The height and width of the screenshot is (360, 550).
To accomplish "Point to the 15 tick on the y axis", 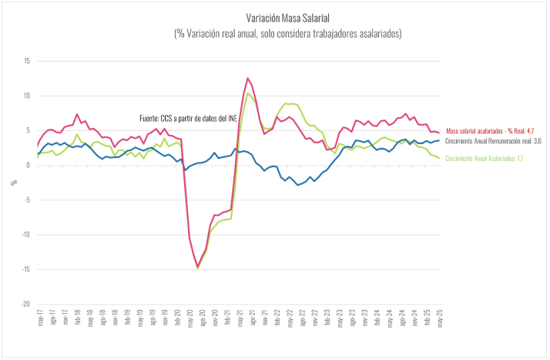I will pos(26,61).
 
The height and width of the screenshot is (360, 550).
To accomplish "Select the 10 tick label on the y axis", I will pos(26,96).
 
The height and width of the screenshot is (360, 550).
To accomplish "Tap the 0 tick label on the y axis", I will pos(28,165).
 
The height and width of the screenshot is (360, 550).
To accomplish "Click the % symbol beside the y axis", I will pos(12,183).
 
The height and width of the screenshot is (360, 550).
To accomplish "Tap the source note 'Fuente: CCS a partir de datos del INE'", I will pos(189,118).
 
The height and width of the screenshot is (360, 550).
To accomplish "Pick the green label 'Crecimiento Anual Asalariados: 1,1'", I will pos(486,158).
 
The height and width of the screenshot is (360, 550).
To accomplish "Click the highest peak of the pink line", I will pos(248,78).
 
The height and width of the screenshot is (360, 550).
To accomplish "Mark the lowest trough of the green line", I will pos(198,268).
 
